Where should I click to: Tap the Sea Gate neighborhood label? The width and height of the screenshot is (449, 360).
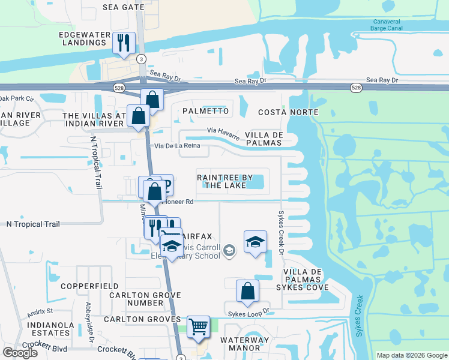pyautogui.click(x=124, y=7)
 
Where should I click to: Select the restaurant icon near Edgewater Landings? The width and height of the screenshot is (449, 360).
pyautogui.click(x=124, y=43)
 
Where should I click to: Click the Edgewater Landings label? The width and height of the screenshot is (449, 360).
pyautogui.click(x=82, y=38)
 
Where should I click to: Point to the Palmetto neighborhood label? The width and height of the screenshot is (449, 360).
pyautogui.click(x=205, y=111)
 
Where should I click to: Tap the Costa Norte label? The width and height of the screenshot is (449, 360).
pyautogui.click(x=288, y=112)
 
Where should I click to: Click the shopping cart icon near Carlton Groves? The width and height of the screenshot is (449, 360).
pyautogui.click(x=198, y=328)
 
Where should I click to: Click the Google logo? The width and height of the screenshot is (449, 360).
pyautogui.click(x=20, y=353)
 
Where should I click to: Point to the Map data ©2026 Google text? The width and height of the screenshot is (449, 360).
pyautogui.click(x=411, y=355)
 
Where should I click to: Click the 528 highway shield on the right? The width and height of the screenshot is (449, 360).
pyautogui.click(x=357, y=88)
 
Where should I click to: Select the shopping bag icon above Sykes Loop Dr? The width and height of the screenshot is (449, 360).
pyautogui.click(x=247, y=292)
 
